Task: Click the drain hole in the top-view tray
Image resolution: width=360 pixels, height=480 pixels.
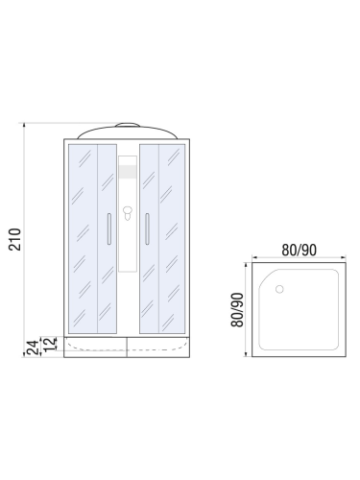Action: coord(278,288)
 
